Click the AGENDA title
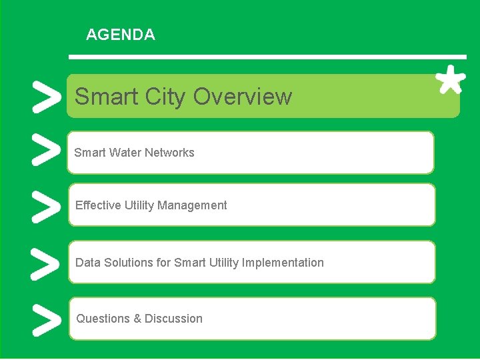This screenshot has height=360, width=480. click(121, 35)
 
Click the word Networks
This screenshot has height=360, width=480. click(172, 153)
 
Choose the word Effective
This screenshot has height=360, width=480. click(97, 205)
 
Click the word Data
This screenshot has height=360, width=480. click(87, 263)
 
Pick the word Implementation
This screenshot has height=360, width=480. click(283, 263)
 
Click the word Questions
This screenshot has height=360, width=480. click(103, 319)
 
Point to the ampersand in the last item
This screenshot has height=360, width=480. click(137, 319)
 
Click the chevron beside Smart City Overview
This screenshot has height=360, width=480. click(43, 97)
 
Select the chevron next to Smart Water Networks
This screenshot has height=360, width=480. click(43, 151)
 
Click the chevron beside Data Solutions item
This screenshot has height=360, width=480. click(43, 263)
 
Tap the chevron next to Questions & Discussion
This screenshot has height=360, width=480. click(43, 319)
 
